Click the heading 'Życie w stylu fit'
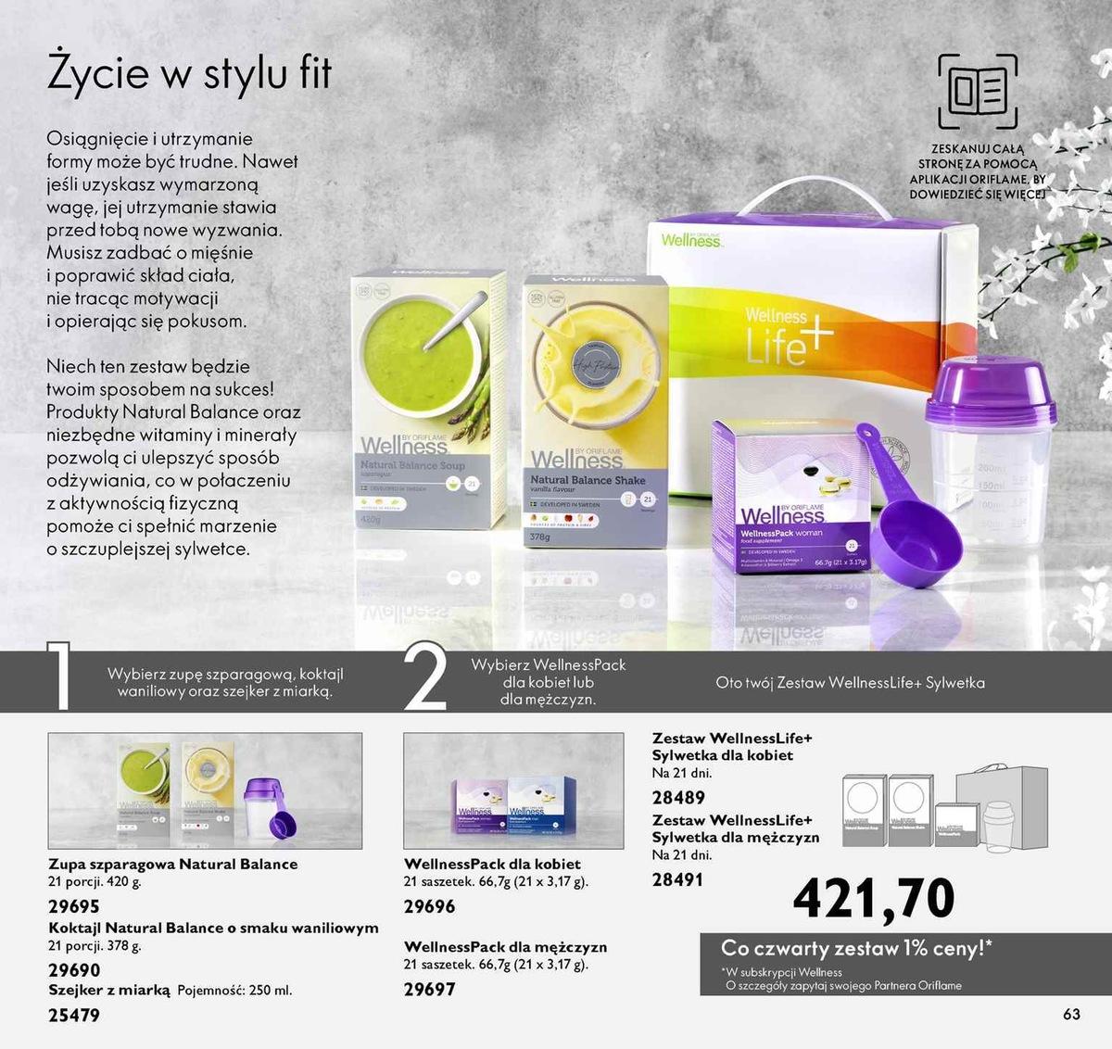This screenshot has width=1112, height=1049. pyautogui.click(x=189, y=74)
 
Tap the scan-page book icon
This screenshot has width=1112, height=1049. pyautogui.click(x=977, y=91)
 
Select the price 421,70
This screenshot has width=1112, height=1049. pyautogui.click(x=873, y=897)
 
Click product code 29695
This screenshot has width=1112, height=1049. pyautogui.click(x=73, y=906)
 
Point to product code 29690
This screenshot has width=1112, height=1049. pyautogui.click(x=73, y=970)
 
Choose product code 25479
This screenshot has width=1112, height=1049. pyautogui.click(x=73, y=1016)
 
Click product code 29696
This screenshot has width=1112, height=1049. pyautogui.click(x=429, y=906)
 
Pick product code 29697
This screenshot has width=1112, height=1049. pyautogui.click(x=429, y=989)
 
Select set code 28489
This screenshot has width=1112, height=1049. pyautogui.click(x=678, y=797)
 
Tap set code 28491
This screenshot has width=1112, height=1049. pyautogui.click(x=677, y=879)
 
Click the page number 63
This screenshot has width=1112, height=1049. pyautogui.click(x=1071, y=1014)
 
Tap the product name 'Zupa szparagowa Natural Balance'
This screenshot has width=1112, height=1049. pyautogui.click(x=172, y=864)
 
